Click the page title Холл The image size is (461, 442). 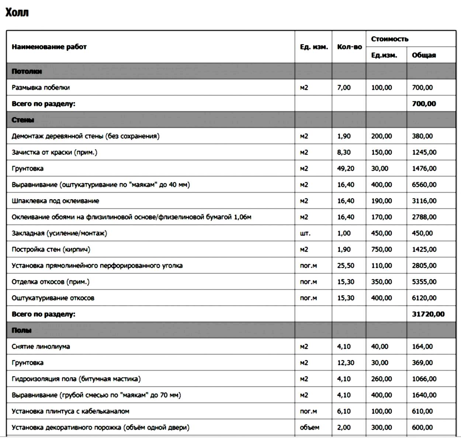(x=17, y=13)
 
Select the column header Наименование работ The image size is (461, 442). (x=49, y=47)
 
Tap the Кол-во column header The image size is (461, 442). (x=349, y=47)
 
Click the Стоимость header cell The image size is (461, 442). (x=389, y=39)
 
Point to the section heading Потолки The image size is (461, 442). (x=27, y=71)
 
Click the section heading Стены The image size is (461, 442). (x=23, y=120)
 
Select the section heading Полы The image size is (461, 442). (x=21, y=330)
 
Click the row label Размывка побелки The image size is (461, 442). (x=41, y=88)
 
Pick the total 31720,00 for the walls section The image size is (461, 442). (x=428, y=314)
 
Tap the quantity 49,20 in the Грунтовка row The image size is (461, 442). (x=346, y=169)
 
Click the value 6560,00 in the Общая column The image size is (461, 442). (x=424, y=185)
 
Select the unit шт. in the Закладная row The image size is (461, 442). (x=305, y=234)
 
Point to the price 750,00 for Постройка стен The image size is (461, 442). (x=381, y=250)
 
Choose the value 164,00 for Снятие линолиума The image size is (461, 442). (x=422, y=347)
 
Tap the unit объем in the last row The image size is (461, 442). (x=309, y=428)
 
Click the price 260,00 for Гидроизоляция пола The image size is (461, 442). (x=381, y=379)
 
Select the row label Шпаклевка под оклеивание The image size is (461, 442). (x=55, y=201)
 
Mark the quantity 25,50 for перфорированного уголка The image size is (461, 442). (x=346, y=266)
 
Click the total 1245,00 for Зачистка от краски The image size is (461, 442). (x=424, y=152)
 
